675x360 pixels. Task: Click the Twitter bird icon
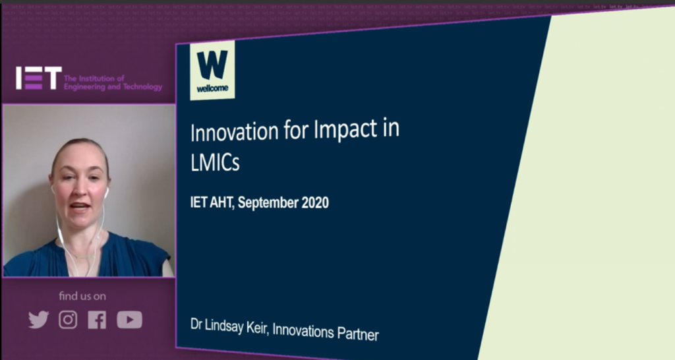click(39, 320)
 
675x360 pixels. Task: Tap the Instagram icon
click(68, 320)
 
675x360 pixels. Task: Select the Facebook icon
click(97, 320)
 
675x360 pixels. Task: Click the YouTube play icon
click(129, 320)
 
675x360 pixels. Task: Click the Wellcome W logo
click(212, 70)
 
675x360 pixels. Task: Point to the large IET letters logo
click(39, 78)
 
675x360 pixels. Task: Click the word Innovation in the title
click(234, 131)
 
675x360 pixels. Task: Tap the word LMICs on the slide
click(215, 162)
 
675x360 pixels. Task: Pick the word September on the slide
click(268, 203)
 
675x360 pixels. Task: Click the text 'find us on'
click(82, 296)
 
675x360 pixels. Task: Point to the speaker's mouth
click(80, 206)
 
